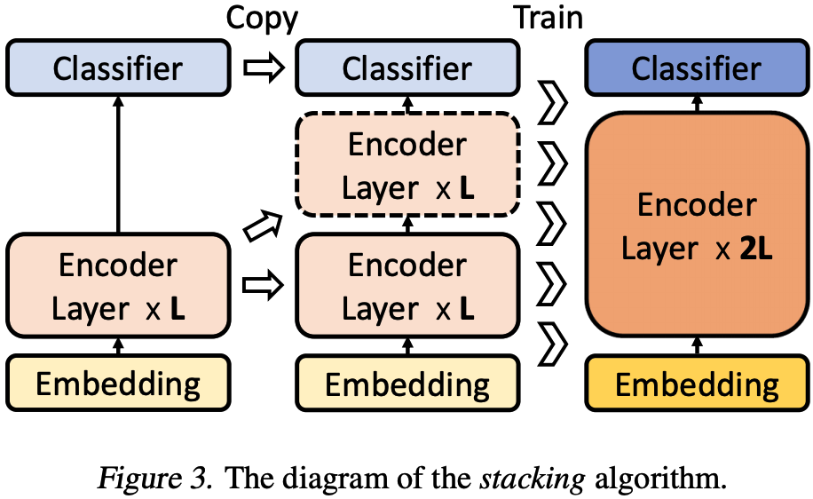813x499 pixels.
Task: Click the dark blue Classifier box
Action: pos(697,67)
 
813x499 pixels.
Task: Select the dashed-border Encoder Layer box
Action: pos(407,165)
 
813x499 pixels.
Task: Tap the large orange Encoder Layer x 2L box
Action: pos(697,226)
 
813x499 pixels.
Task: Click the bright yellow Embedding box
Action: pos(697,384)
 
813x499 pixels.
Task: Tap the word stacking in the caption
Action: pos(532,479)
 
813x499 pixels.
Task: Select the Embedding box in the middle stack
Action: pos(407,384)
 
